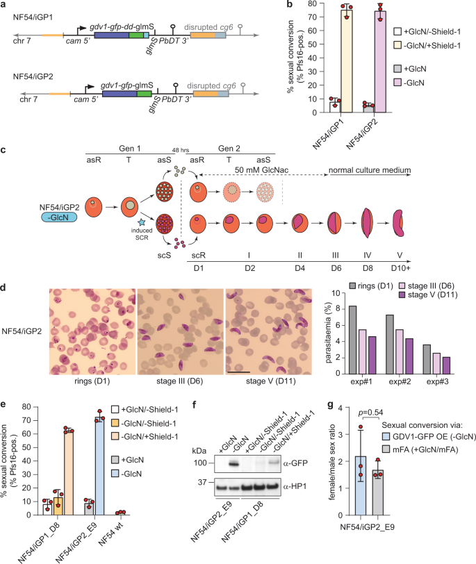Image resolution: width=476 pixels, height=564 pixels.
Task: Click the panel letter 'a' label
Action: click(5, 5)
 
